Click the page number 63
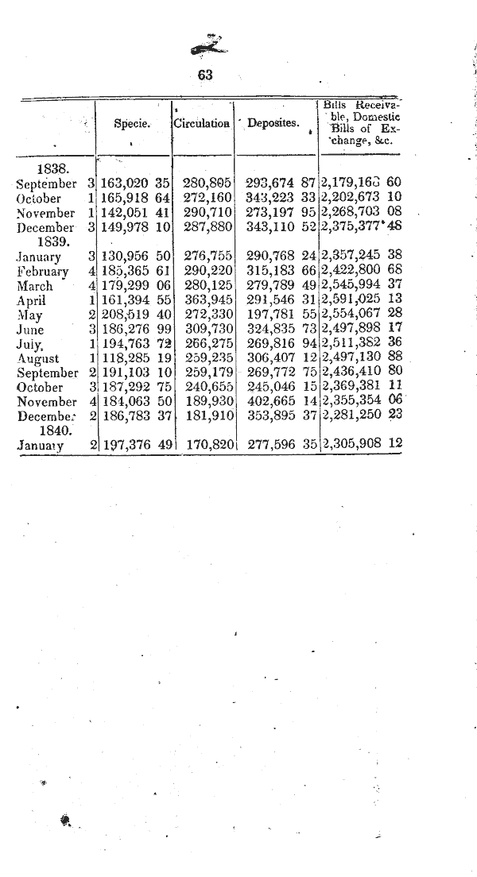[206, 75]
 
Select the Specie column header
[133, 123]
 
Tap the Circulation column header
[201, 123]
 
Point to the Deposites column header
[273, 123]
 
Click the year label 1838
[53, 169]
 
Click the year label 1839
[55, 241]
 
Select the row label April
[32, 300]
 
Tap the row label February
[42, 272]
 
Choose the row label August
[38, 358]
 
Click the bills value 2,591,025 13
[361, 300]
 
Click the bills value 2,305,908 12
[361, 445]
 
